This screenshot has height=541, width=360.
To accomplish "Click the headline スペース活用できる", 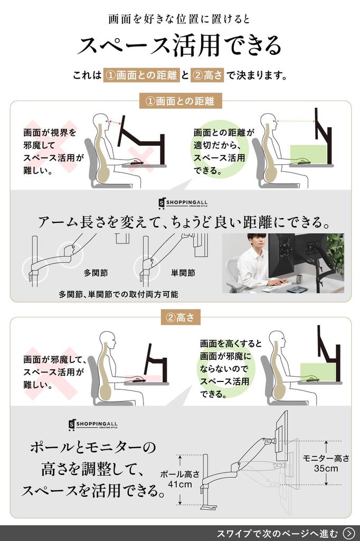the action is pos(179,45).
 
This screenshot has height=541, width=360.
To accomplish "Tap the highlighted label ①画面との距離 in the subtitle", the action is pos(141,75).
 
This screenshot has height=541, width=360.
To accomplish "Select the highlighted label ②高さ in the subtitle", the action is pos(207,75).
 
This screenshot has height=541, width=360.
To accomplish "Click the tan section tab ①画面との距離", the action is pos(180,101).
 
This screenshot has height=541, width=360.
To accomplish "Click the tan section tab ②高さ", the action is pos(181,318).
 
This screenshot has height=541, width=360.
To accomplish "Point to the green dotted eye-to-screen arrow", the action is pos(296,121).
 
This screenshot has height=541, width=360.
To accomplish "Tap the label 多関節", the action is pos(96,273).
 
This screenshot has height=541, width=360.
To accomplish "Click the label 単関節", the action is pos(183,273).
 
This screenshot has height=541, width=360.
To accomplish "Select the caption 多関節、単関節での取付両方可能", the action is pos(118,294).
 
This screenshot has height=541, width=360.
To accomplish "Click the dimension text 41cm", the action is pos(179,484).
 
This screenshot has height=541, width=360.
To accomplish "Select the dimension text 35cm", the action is pos(326,469).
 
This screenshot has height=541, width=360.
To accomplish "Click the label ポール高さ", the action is pos(179,474).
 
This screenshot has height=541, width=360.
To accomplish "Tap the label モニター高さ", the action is pos(326,458).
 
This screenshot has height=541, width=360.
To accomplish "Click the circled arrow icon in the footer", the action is pos(349,533).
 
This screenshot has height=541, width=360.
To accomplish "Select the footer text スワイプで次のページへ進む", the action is pos(278,534).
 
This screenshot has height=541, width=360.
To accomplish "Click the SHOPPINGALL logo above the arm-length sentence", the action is pos(183,203).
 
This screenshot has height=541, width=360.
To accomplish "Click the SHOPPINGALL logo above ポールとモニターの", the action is pos(93,425).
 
